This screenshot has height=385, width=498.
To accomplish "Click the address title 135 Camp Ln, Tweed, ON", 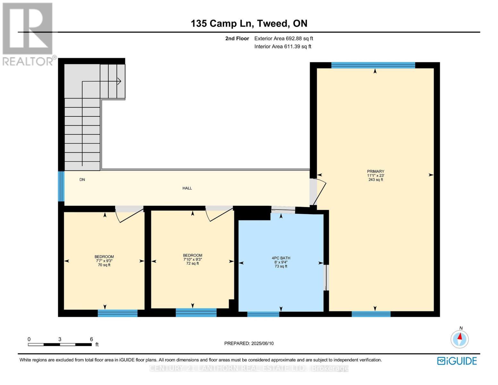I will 249,23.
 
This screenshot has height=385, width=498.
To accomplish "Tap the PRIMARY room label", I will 376,171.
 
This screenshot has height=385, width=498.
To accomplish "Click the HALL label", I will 187,188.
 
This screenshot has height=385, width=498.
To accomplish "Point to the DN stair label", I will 82,180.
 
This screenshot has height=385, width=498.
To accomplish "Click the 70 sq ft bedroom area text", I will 104,265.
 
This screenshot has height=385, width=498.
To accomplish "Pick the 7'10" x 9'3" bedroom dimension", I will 192,260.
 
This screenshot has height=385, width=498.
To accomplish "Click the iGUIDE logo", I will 457,361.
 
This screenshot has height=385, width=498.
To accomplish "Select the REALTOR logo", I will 28,34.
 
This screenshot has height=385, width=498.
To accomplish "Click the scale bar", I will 60,345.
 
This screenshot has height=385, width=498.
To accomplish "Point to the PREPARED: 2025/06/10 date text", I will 249,343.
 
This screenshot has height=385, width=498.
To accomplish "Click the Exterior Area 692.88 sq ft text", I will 283,38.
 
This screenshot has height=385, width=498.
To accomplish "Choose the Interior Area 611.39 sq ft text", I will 283,47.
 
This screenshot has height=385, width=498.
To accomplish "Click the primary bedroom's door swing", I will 319,193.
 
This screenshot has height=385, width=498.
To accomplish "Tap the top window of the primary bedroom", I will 373,65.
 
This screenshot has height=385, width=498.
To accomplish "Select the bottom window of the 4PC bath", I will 263,314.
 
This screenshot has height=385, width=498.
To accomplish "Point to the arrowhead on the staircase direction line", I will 119,81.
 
